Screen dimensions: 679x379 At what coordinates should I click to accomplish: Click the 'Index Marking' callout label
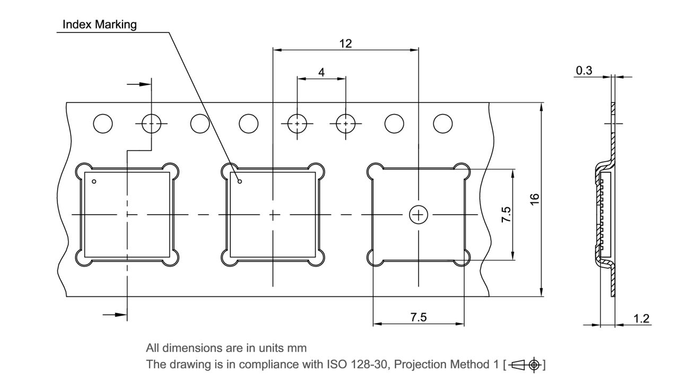pyautogui.click(x=99, y=24)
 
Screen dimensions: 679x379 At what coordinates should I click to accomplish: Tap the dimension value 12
pyautogui.click(x=345, y=44)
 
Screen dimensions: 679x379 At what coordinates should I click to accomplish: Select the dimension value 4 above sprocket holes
pyautogui.click(x=321, y=73)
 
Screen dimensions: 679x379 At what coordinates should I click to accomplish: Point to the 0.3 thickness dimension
pyautogui.click(x=584, y=70)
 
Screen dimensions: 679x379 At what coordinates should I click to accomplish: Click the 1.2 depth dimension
pyautogui.click(x=641, y=319)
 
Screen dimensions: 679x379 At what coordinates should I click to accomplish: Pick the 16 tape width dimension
pyautogui.click(x=535, y=199)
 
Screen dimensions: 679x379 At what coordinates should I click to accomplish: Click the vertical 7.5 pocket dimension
pyautogui.click(x=506, y=215)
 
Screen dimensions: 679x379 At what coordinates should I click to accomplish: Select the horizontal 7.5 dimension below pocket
pyautogui.click(x=419, y=317)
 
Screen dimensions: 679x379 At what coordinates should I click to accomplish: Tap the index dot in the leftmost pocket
pyautogui.click(x=94, y=181)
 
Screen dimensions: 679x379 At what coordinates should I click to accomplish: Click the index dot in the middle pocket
pyautogui.click(x=240, y=181)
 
